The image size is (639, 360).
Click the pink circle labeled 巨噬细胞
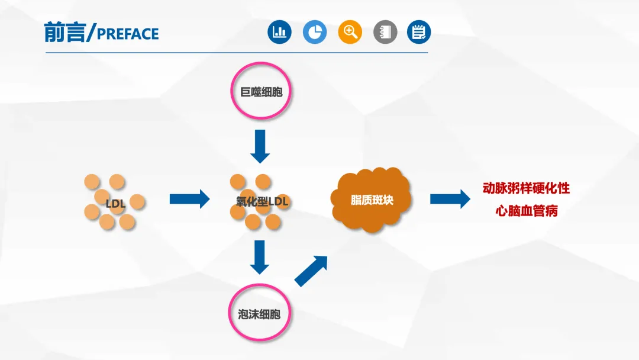(x=260, y=93)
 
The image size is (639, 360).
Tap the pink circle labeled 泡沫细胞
(x=260, y=314)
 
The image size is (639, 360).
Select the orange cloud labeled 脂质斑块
(x=372, y=200)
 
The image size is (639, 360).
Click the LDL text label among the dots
(x=116, y=204)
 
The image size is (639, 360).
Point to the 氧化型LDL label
(x=259, y=202)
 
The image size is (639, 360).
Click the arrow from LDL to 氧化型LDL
(x=189, y=199)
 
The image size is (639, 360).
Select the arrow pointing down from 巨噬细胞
(x=260, y=146)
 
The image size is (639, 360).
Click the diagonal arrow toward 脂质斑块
(x=311, y=271)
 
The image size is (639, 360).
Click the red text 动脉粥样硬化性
(x=526, y=189)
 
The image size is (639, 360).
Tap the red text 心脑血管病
(x=527, y=211)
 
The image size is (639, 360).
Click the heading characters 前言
(x=64, y=32)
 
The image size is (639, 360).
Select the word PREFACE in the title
(x=128, y=34)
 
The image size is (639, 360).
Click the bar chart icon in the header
(x=279, y=32)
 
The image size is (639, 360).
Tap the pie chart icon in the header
(x=315, y=32)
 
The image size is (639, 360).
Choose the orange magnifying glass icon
(x=350, y=32)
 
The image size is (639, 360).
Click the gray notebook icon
(x=385, y=32)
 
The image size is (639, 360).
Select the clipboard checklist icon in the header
(x=419, y=32)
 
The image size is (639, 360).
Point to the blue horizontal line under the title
(x=237, y=53)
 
